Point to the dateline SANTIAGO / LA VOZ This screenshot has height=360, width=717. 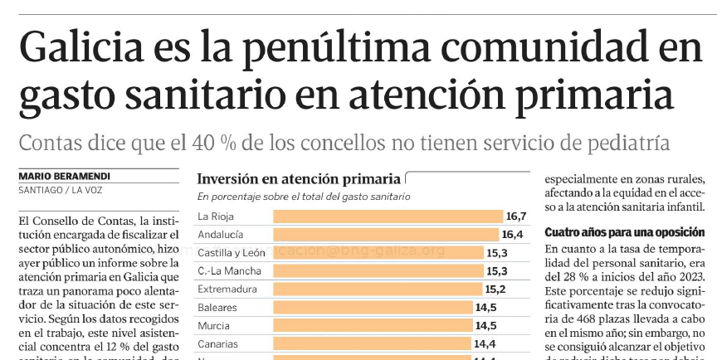[58, 191]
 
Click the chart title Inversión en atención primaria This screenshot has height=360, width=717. [298, 179]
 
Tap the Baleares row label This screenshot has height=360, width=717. [217, 308]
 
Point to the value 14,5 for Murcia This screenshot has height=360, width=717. [485, 326]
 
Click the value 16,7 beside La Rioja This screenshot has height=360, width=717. [516, 216]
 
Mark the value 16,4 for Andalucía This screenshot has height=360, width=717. [512, 235]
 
